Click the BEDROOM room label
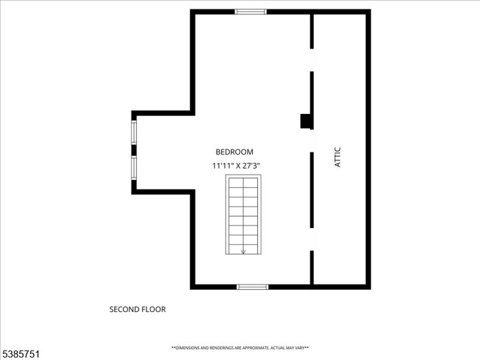(235, 152)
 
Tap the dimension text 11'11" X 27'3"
(236, 166)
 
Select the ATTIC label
(337, 157)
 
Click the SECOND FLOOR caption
(137, 309)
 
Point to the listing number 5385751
(20, 354)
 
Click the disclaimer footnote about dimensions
(240, 348)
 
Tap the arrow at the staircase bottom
(243, 251)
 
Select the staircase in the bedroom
(243, 214)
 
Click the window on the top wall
(251, 11)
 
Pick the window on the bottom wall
(253, 287)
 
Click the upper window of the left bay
(134, 132)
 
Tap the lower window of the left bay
(134, 168)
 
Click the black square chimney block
(306, 121)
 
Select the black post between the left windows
(134, 150)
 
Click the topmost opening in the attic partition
(312, 60)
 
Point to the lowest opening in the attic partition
(312, 239)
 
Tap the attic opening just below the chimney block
(312, 141)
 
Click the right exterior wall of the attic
(368, 149)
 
